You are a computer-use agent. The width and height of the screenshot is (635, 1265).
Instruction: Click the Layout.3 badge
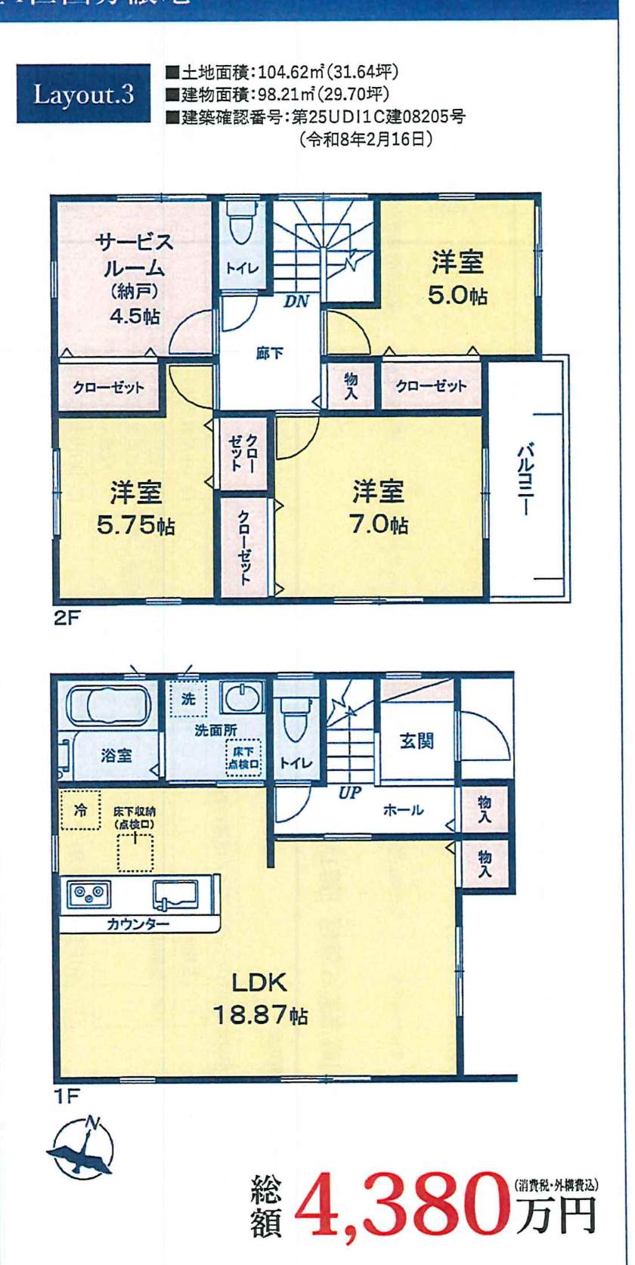pyautogui.click(x=83, y=94)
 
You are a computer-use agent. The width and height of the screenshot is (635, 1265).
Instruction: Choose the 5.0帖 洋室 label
pyautogui.click(x=457, y=280)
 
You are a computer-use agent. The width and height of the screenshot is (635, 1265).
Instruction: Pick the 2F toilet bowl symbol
pyautogui.click(x=242, y=223)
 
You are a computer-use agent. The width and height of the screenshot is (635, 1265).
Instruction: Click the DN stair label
pyautogui.click(x=297, y=302)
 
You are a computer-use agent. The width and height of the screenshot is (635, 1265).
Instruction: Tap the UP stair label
pyautogui.click(x=350, y=793)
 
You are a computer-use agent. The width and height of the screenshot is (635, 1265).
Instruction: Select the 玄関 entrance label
pyautogui.click(x=417, y=740)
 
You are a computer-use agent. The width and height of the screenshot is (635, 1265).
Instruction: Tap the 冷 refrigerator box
pyautogui.click(x=79, y=810)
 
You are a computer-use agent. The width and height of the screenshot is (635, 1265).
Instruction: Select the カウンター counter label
pyautogui.click(x=138, y=923)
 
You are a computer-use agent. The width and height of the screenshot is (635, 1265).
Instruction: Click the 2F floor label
pyautogui.click(x=67, y=618)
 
